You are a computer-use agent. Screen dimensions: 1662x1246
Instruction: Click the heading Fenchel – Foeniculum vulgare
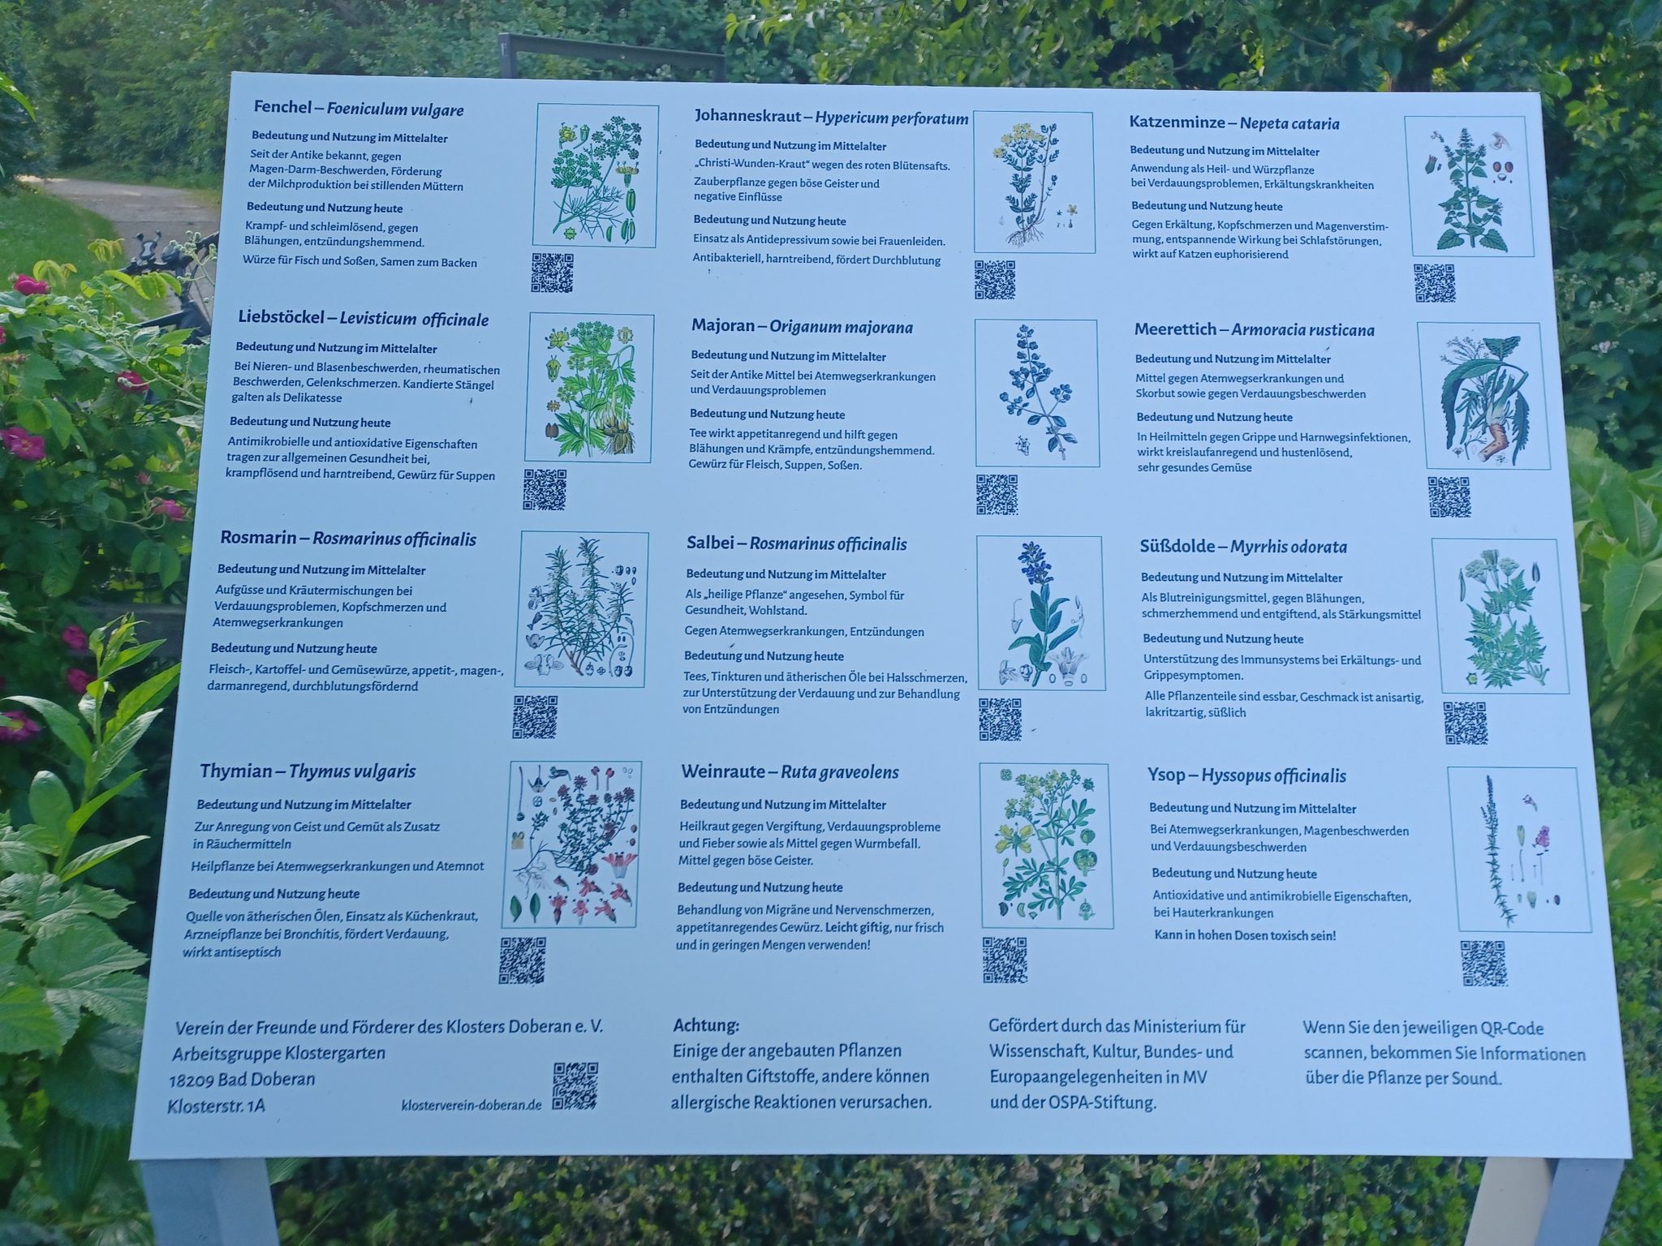pos(359,109)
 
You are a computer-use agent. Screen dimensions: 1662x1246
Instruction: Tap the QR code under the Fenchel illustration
pos(553,273)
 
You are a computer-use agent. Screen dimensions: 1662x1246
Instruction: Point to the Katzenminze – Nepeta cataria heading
pos(1234,123)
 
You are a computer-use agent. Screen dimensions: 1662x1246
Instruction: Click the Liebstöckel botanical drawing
pos(589,388)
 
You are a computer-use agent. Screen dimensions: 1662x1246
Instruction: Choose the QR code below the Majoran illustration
pos(997,495)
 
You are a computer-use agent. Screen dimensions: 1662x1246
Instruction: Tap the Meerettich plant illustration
pos(1479,396)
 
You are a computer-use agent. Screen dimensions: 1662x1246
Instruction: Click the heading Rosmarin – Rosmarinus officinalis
pos(348,539)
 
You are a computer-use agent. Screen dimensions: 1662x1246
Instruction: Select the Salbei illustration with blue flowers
pos(1040,613)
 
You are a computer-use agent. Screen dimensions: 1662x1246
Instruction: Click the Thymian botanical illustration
pos(575,844)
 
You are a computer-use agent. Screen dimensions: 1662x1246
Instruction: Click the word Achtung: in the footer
pos(706,1026)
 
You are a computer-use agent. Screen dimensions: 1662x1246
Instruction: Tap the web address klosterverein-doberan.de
pos(471,1106)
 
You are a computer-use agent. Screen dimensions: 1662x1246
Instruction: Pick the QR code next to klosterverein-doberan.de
pos(575,1086)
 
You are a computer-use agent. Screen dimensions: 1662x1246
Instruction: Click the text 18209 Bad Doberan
pos(242,1080)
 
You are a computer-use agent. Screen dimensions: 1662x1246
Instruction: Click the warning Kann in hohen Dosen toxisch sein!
pos(1245,935)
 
